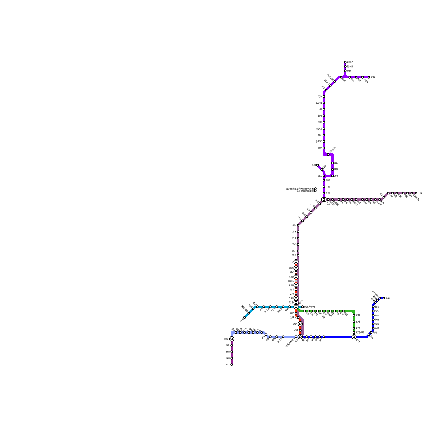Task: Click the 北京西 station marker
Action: tap(345, 62)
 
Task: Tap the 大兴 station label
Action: tap(349, 71)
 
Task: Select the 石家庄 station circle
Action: tap(324, 103)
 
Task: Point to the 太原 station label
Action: tap(320, 109)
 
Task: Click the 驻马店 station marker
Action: tap(324, 142)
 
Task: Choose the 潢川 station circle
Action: tap(317, 165)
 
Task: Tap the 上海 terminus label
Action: tap(420, 193)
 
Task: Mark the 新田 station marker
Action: tap(298, 225)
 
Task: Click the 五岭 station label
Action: tap(294, 245)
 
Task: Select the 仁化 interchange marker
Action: tap(296, 262)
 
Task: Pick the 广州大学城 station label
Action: tap(309, 307)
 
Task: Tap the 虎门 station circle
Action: tap(296, 313)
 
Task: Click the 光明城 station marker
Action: tap(298, 317)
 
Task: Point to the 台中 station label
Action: tap(377, 315)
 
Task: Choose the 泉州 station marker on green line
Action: tap(354, 322)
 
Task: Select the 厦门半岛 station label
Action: tap(360, 332)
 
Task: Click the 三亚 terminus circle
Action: tap(232, 365)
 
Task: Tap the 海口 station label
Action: tap(228, 358)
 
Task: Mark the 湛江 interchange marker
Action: tap(232, 339)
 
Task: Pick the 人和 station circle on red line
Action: tap(296, 294)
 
